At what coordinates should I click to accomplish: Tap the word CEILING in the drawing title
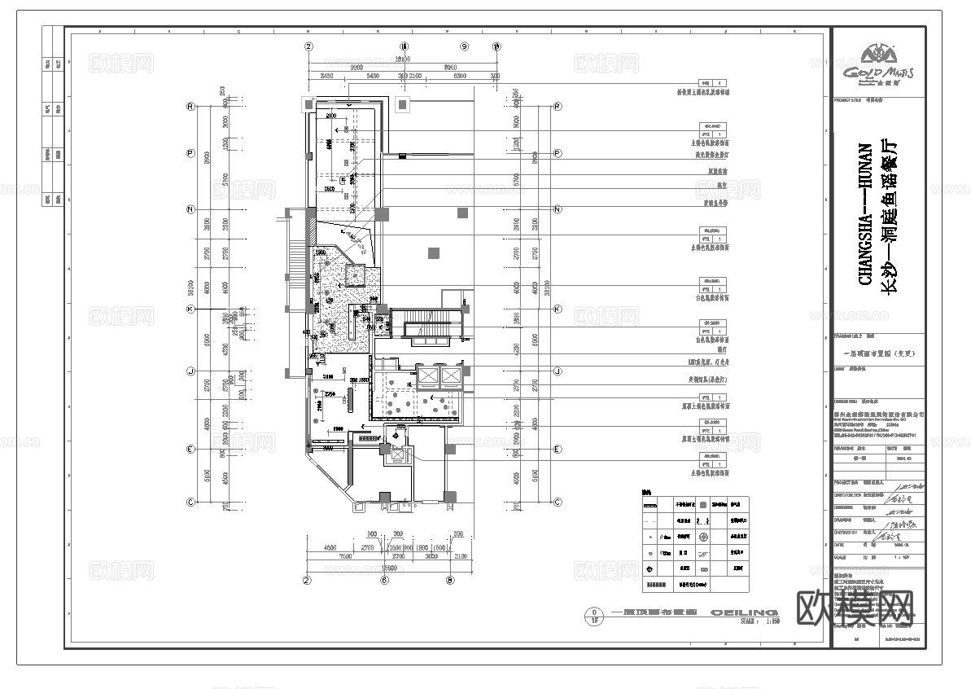[x=744, y=612]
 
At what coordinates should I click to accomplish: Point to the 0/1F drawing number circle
[x=595, y=615]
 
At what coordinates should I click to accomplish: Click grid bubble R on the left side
[x=190, y=106]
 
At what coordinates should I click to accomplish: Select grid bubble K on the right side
[x=558, y=309]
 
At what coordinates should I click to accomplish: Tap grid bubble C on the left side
[x=190, y=502]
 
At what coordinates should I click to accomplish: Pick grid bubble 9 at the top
[x=466, y=46]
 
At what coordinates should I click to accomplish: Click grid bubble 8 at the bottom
[x=449, y=581]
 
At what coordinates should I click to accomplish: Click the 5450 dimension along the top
[x=373, y=76]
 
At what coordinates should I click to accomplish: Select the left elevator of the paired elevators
[x=427, y=375]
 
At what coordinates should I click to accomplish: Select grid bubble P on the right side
[x=558, y=153]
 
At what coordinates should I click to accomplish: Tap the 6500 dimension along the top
[x=460, y=76]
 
